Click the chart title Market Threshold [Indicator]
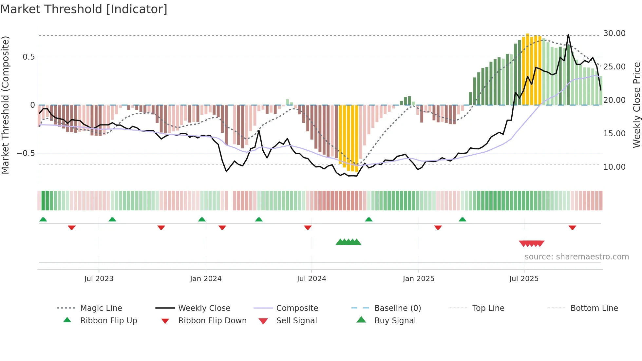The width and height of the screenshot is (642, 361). pos(84,9)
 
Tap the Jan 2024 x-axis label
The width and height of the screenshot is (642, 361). pos(206,279)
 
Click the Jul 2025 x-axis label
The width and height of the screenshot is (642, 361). pos(524,279)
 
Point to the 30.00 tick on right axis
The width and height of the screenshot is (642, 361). pos(614,33)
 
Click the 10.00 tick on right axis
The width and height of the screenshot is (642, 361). pos(614,167)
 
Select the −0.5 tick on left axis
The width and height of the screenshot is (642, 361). pos(26,153)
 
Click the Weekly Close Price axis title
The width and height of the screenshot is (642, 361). pos(636,105)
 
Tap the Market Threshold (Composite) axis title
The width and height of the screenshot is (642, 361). pos(5,105)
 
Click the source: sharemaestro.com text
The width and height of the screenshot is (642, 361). pos(576,257)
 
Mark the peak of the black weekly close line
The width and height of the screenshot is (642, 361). pos(568,34)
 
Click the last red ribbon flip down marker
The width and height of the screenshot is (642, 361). pos(572,227)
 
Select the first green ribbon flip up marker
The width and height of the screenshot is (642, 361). pos(43,219)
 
